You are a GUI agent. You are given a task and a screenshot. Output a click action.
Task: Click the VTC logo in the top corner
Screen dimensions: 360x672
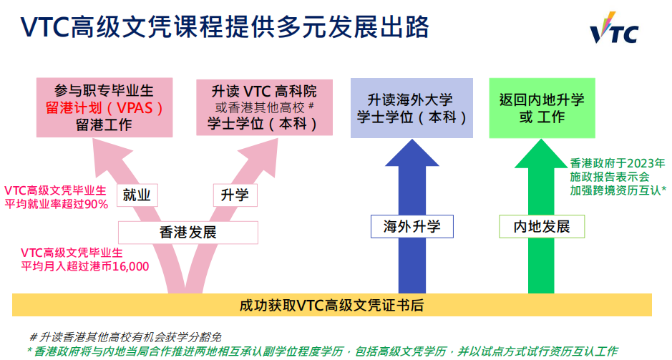(x=613, y=29)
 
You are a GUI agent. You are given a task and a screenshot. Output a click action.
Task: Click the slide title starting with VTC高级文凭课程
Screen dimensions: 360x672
(x=225, y=27)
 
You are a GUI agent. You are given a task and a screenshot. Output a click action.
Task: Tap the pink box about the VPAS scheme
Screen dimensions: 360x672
(x=104, y=109)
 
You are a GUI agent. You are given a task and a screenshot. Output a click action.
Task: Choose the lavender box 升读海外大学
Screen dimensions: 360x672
(x=412, y=108)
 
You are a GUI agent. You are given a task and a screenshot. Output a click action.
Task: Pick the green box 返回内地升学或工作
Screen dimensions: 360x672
(x=542, y=108)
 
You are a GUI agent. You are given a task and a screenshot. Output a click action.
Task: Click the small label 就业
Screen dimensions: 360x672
(x=137, y=195)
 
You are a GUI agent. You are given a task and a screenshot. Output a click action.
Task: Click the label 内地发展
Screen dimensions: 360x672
(x=542, y=227)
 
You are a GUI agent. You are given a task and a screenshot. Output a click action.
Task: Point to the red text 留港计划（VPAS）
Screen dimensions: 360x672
(x=104, y=109)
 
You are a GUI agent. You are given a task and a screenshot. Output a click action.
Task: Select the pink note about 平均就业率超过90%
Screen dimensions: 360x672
(x=56, y=197)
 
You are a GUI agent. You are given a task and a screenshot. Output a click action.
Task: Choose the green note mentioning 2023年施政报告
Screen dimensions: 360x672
(x=617, y=177)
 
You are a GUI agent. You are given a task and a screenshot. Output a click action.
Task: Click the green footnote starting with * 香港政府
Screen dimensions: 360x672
(x=322, y=351)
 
